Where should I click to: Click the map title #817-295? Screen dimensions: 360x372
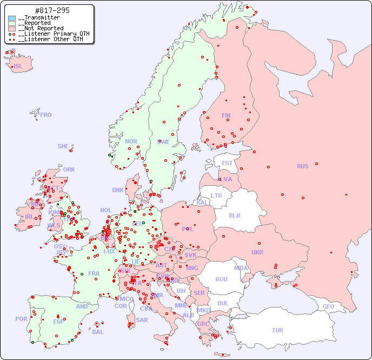[x=51, y=11]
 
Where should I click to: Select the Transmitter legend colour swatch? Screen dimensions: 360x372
[x=12, y=18]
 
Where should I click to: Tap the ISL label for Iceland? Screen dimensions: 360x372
[x=18, y=67]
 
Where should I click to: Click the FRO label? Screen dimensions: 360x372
[x=46, y=115]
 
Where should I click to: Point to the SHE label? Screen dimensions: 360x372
[x=63, y=146]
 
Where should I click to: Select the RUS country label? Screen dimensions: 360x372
[x=302, y=166]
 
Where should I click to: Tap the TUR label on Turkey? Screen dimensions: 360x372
[x=277, y=330]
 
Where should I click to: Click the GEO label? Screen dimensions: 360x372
[x=328, y=306]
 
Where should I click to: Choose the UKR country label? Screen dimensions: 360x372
[x=257, y=252]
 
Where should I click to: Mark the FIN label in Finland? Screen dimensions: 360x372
[x=226, y=115]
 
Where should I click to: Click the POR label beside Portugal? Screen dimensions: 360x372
[x=21, y=319]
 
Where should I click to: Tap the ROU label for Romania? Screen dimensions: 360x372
[x=221, y=279]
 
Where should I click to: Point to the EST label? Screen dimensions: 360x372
[x=227, y=163]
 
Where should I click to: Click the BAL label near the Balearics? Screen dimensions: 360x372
[x=97, y=332]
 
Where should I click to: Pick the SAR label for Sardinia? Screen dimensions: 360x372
[x=142, y=319]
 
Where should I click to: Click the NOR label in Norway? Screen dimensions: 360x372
[x=131, y=141]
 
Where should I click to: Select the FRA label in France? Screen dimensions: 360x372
[x=94, y=273]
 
